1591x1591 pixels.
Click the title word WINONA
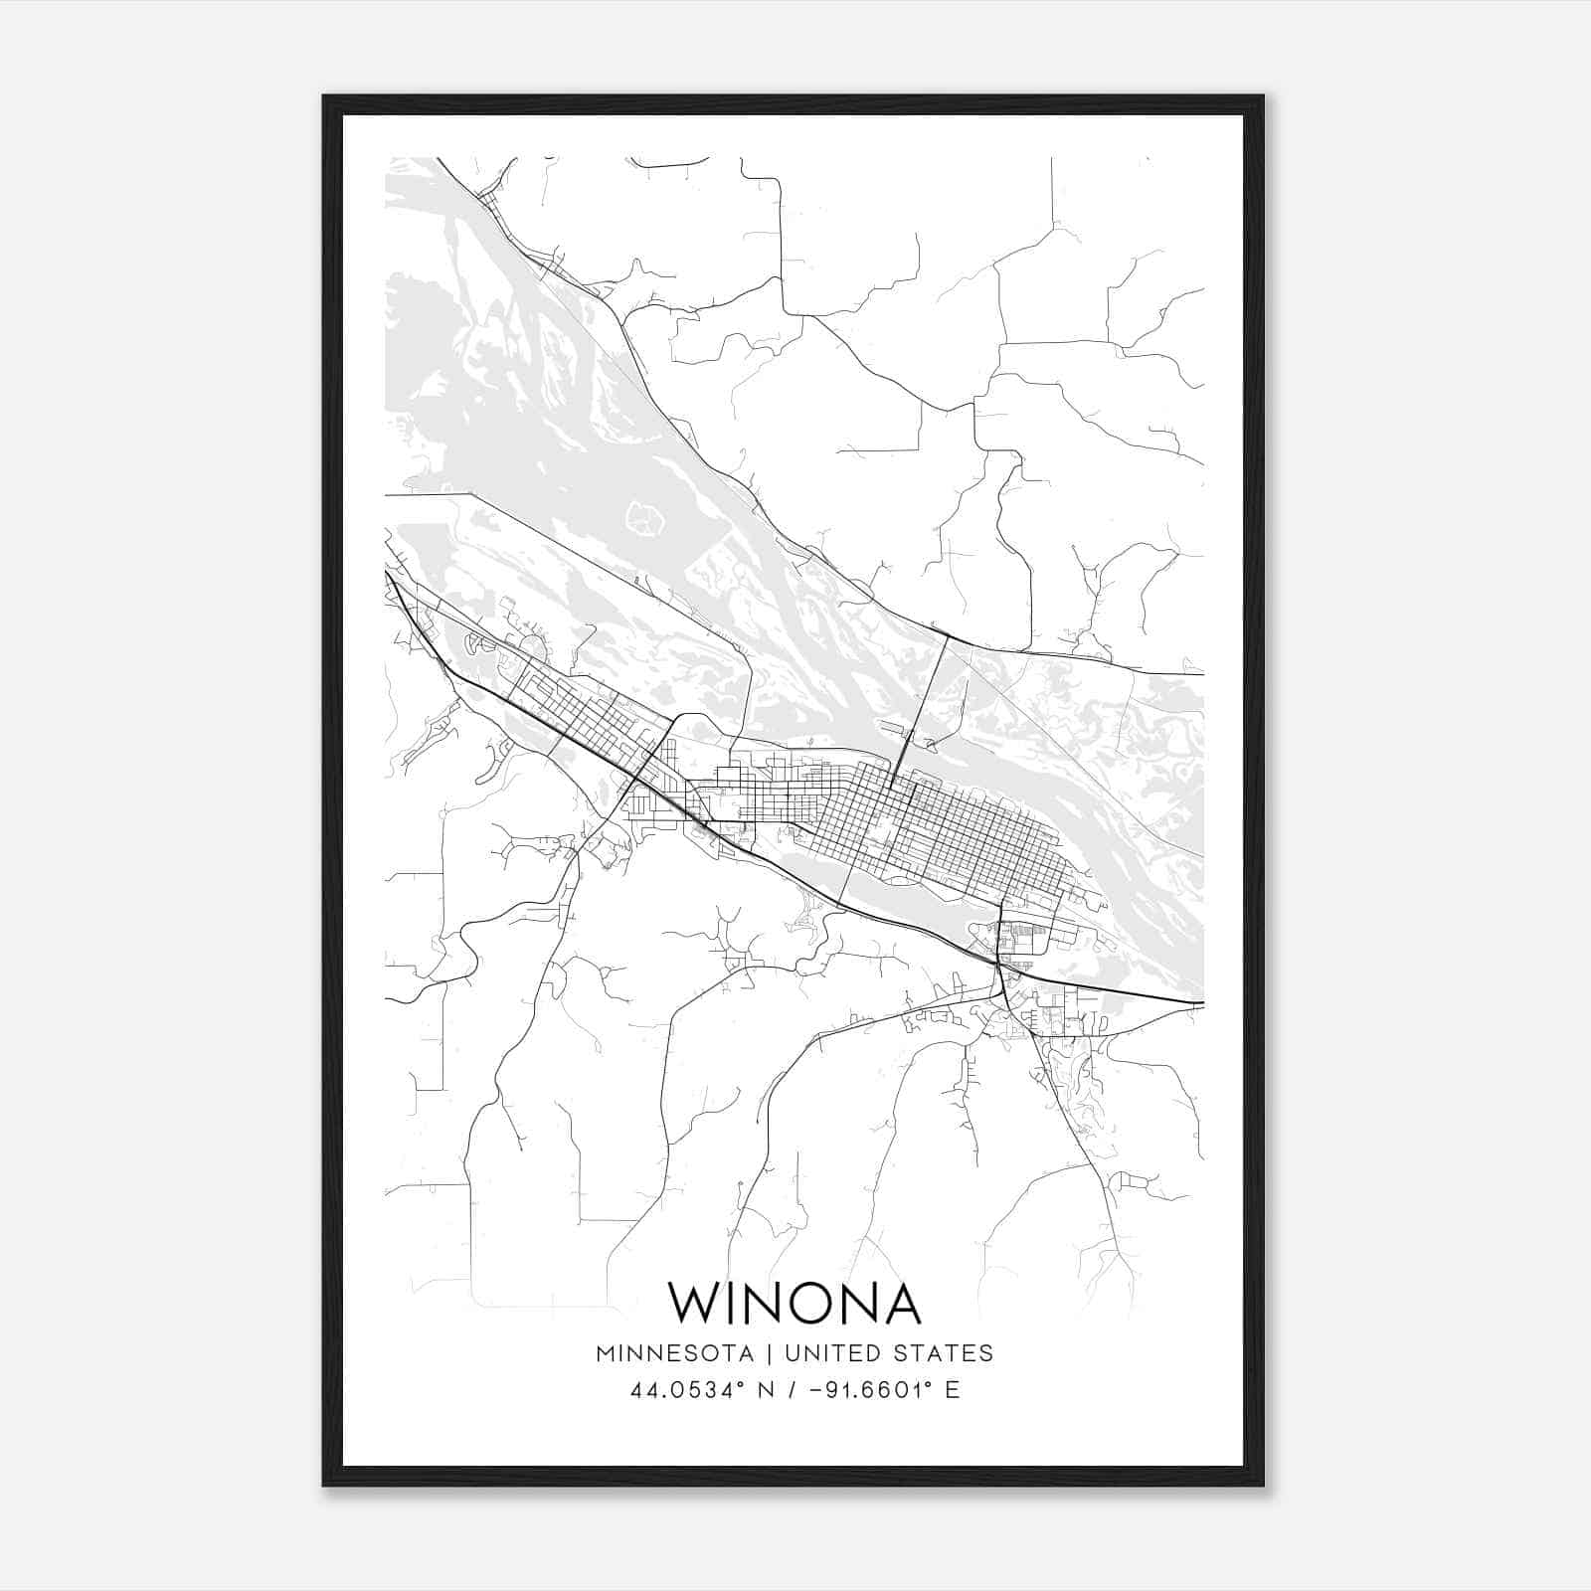[x=794, y=1303]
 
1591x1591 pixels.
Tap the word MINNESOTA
[x=674, y=1353]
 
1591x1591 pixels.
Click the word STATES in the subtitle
[x=944, y=1353]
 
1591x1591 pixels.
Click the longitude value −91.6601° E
[x=875, y=1390]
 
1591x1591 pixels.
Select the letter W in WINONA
[x=691, y=1303]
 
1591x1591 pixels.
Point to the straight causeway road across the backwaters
[x=557, y=542]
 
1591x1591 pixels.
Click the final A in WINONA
[x=901, y=1303]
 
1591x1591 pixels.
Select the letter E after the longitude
[x=953, y=1390]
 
